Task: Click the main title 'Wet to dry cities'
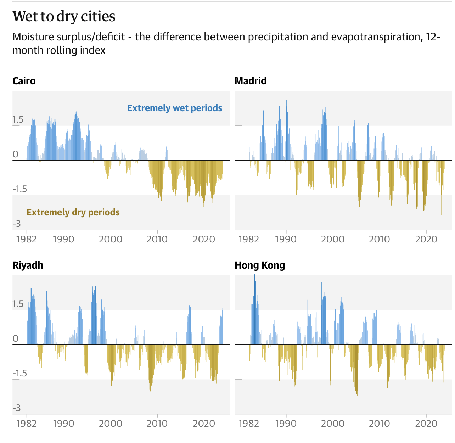point(64,17)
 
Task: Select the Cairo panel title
point(24,81)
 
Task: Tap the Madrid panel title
point(251,81)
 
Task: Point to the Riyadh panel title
point(28,265)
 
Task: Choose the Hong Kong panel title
point(260,265)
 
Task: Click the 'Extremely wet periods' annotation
point(175,108)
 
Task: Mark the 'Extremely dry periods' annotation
point(73,212)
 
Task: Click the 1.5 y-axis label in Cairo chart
point(18,120)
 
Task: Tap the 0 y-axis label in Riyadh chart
point(15,338)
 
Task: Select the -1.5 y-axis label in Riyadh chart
point(20,373)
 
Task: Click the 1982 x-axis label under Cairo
point(27,239)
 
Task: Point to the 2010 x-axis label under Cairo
point(157,239)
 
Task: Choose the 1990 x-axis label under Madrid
point(286,239)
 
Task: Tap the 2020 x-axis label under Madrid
point(426,239)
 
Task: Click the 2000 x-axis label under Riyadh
point(110,424)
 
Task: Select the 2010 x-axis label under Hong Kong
point(379,424)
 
